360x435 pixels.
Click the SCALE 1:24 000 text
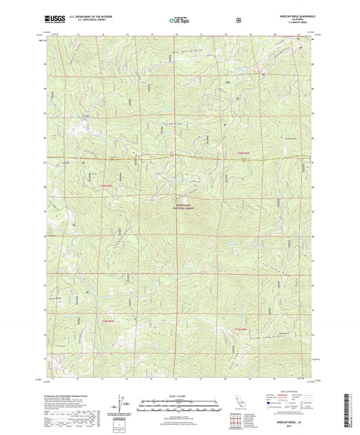point(180,396)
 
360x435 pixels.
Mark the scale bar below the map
point(180,402)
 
